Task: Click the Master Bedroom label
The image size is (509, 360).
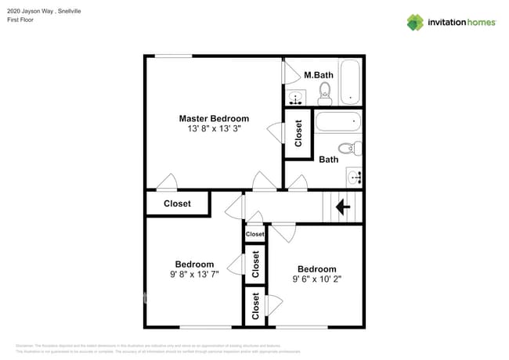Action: [214, 118]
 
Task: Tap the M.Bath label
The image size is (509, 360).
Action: [319, 75]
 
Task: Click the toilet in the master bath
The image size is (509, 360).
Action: [325, 94]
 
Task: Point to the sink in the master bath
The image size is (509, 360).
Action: [296, 98]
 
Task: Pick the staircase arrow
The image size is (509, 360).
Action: [342, 207]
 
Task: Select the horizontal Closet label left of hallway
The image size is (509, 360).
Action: [177, 203]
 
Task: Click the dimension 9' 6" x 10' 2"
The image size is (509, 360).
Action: [317, 279]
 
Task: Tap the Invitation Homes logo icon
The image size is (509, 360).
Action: [415, 23]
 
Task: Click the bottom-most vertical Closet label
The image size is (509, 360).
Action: [255, 306]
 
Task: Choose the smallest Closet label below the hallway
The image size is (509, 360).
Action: [255, 234]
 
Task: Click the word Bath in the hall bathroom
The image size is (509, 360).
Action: [329, 160]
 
